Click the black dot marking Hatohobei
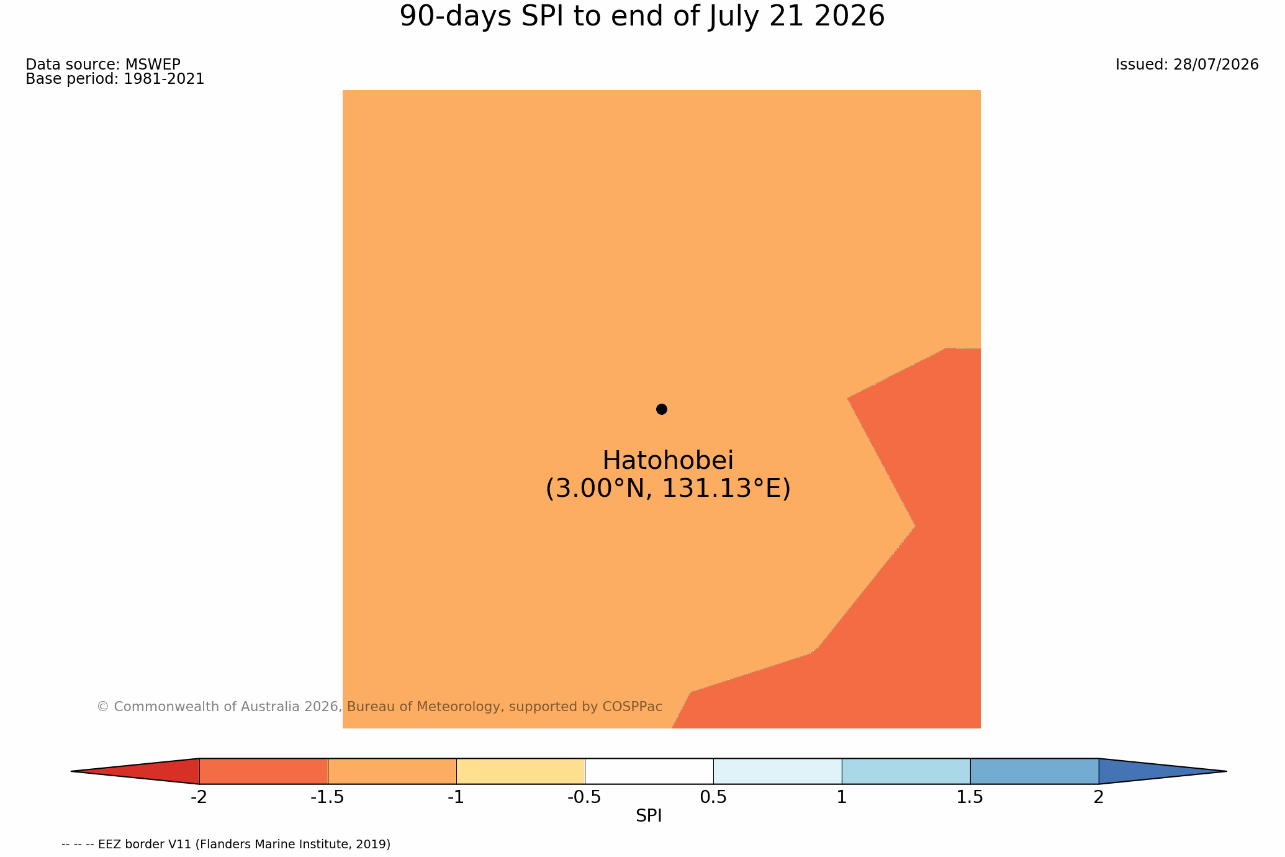(661, 409)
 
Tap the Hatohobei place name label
(668, 461)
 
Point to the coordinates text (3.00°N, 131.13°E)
(668, 489)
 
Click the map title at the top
(642, 16)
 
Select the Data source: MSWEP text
(103, 65)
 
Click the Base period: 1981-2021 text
(115, 79)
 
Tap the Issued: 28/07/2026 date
(1187, 65)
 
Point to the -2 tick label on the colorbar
(199, 797)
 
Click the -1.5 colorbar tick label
(327, 797)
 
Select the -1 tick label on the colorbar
(456, 797)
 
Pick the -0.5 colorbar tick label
(584, 797)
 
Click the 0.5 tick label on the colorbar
(713, 797)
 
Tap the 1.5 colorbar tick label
(970, 797)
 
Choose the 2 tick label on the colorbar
(1099, 797)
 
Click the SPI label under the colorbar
(649, 816)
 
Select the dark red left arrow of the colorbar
(155, 771)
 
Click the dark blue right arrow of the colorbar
(1142, 771)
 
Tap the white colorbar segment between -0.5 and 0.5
(649, 771)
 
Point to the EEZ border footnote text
(226, 845)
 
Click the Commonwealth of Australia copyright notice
(379, 707)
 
